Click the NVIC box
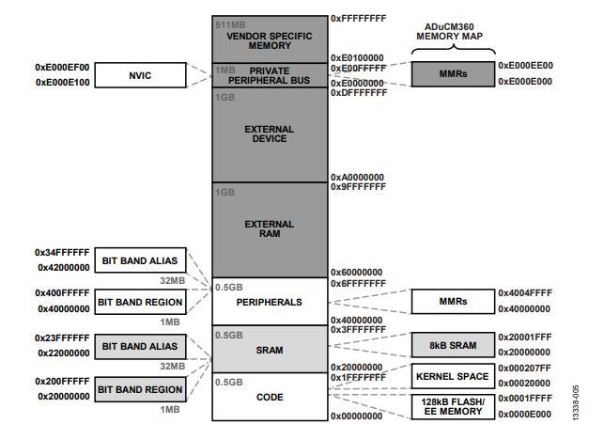click(x=141, y=75)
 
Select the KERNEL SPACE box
click(x=453, y=376)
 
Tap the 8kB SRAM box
click(x=453, y=345)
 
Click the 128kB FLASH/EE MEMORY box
click(x=453, y=407)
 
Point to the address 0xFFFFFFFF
click(x=358, y=19)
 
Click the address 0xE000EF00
click(x=62, y=67)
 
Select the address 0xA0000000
click(x=357, y=178)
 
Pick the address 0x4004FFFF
click(x=525, y=293)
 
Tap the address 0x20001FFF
click(x=525, y=337)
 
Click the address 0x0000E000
click(x=525, y=414)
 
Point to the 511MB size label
click(x=230, y=25)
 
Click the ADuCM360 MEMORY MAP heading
click(x=450, y=32)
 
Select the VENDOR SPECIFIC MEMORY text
click(x=270, y=40)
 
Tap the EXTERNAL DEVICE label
click(x=270, y=133)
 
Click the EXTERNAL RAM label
click(x=270, y=229)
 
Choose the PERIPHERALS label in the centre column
click(x=270, y=302)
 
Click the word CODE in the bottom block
click(x=270, y=397)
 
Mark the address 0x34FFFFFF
click(x=62, y=253)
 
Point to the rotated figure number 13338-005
click(x=576, y=402)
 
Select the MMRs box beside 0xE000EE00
click(x=453, y=73)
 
